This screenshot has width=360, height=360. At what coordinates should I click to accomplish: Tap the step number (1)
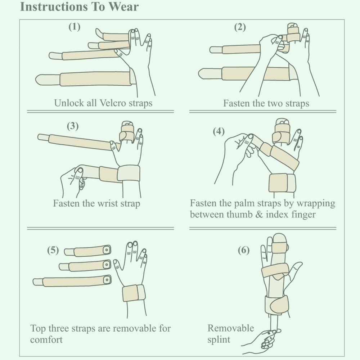[75, 27]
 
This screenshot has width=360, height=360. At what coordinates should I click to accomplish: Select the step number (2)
[240, 27]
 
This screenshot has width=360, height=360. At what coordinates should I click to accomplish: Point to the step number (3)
[73, 126]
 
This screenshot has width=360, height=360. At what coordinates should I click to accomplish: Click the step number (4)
[219, 131]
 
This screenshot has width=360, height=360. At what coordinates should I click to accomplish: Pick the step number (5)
[53, 250]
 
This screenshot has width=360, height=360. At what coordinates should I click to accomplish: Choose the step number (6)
[244, 250]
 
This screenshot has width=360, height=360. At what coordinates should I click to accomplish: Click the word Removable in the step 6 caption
[230, 328]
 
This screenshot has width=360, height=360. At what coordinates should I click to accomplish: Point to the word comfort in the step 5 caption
[46, 339]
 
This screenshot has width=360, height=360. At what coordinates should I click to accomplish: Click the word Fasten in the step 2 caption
[237, 103]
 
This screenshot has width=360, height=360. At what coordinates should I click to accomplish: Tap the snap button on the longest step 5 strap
[107, 280]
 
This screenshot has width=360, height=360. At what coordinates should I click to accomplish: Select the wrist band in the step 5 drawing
[134, 293]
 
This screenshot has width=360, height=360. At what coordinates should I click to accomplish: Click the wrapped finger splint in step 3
[126, 132]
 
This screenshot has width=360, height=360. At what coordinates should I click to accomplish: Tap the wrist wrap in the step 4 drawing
[282, 183]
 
